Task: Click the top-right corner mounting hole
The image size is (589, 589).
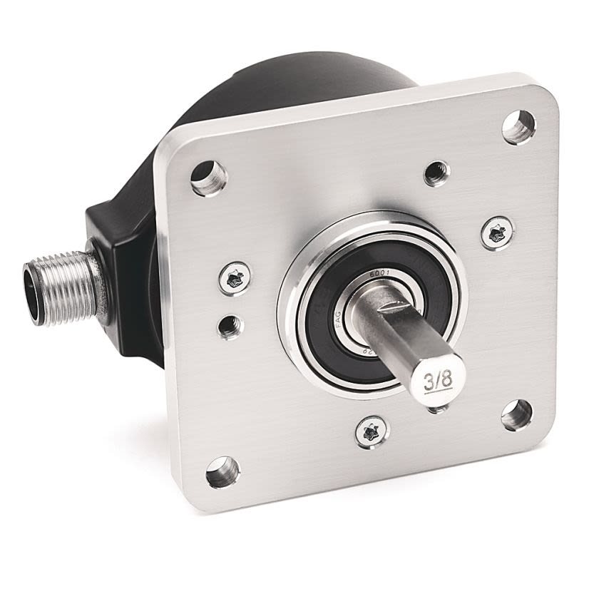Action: click(x=518, y=127)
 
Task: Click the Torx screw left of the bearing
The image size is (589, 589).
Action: click(x=235, y=278)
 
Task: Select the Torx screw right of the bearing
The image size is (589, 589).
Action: click(x=496, y=232)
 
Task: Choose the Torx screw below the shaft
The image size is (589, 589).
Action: click(x=371, y=431)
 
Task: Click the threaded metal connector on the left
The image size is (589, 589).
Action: click(x=68, y=287)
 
